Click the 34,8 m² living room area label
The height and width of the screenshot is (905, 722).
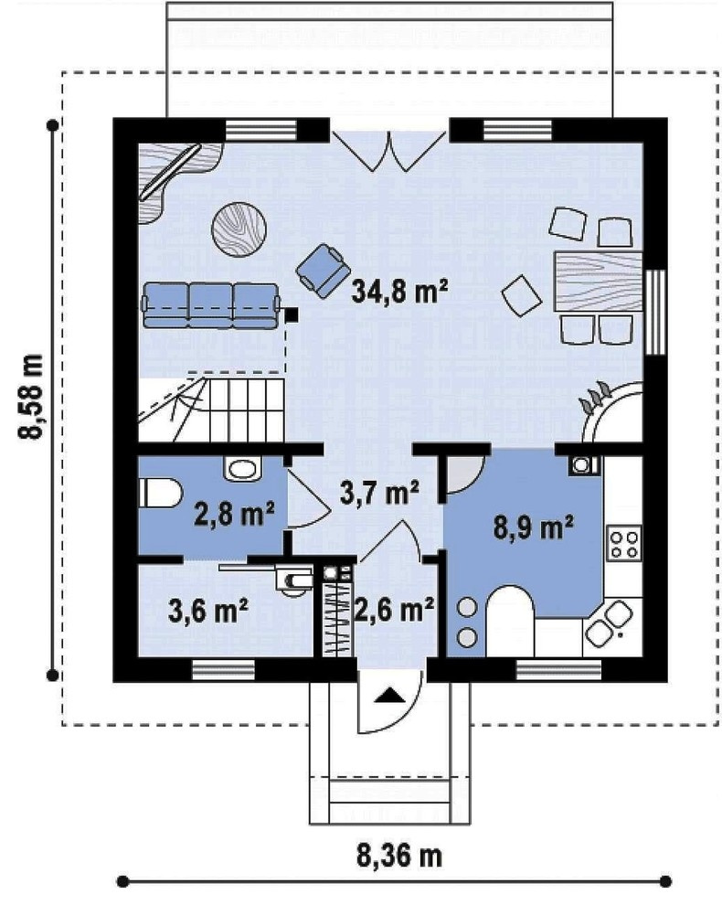[400, 291]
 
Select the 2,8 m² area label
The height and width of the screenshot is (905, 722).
[234, 514]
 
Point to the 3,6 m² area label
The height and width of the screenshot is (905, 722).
[208, 611]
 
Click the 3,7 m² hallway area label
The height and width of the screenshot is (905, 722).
[379, 493]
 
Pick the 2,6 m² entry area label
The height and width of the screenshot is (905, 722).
[394, 610]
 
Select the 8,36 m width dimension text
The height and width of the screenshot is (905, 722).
[399, 855]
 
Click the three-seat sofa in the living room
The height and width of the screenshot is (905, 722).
[211, 305]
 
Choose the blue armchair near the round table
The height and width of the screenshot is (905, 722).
[324, 270]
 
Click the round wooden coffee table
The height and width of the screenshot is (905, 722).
[239, 229]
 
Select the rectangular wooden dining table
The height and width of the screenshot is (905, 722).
[598, 282]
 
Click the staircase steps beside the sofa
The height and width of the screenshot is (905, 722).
[211, 410]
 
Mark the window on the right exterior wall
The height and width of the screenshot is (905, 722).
[655, 312]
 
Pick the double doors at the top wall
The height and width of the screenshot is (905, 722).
[390, 151]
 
